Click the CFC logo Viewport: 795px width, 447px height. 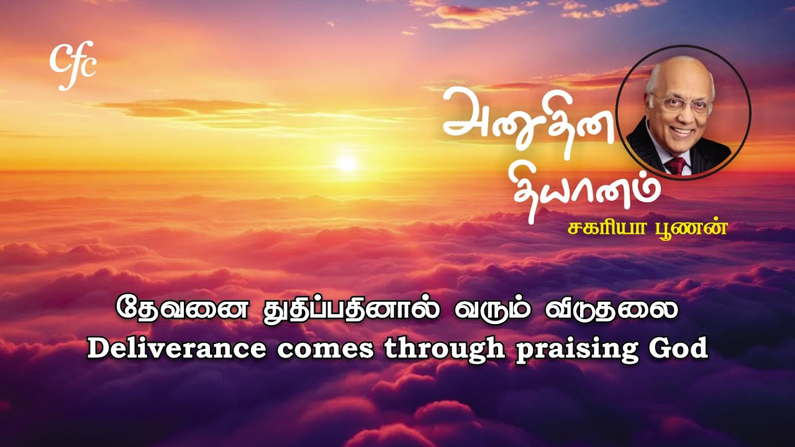pyautogui.click(x=73, y=65)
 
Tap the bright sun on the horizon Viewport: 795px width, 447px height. pyautogui.click(x=347, y=163)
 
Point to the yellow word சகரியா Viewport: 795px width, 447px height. pyautogui.click(x=603, y=227)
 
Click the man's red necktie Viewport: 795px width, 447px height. pyautogui.click(x=676, y=166)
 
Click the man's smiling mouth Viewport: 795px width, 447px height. pyautogui.click(x=682, y=131)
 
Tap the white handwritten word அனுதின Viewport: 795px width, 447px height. pyautogui.click(x=528, y=118)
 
